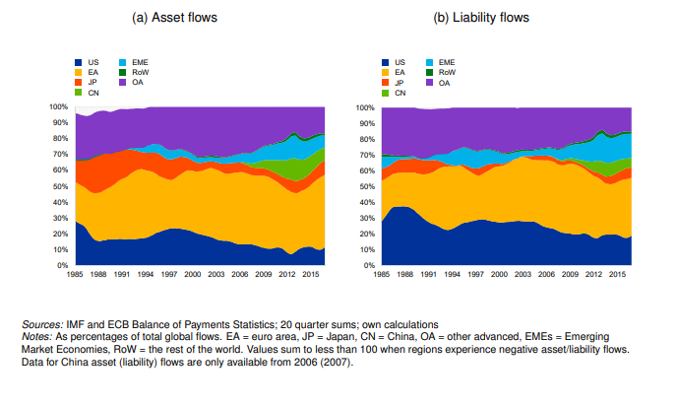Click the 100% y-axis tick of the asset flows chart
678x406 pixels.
(x=59, y=106)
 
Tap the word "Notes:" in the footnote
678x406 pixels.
(x=39, y=335)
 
